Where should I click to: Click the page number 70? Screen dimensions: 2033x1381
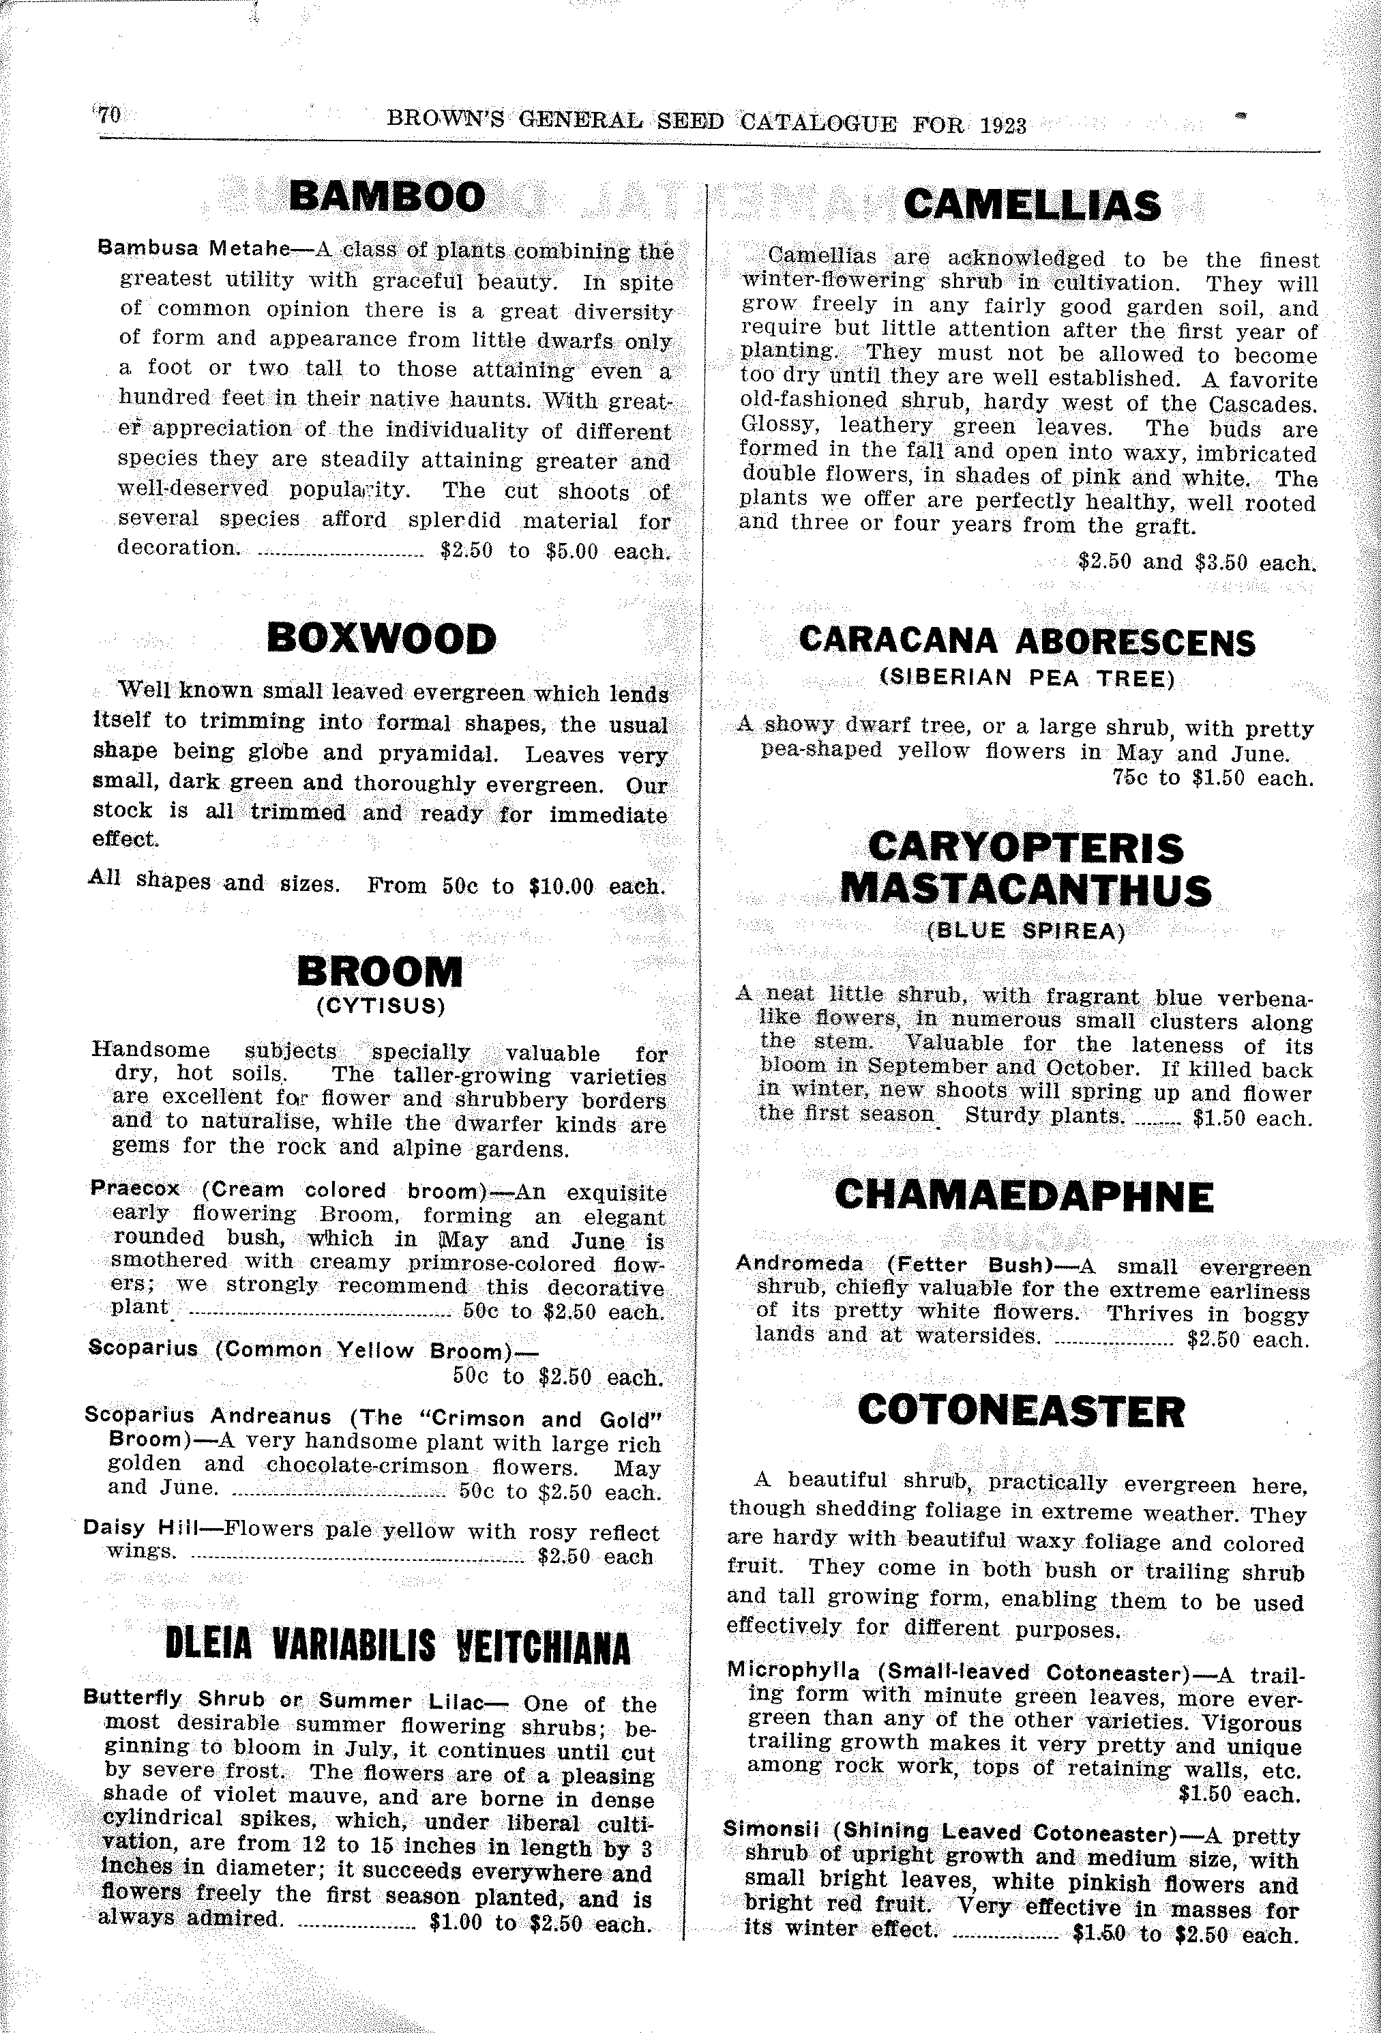click(110, 115)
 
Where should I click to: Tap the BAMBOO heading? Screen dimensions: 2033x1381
click(387, 197)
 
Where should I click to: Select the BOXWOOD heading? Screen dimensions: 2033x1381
click(381, 639)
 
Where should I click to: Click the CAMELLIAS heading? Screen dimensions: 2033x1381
click(1032, 207)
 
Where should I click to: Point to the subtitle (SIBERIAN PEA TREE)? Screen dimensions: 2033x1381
click(1027, 679)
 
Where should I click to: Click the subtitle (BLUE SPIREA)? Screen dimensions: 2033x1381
click(1026, 931)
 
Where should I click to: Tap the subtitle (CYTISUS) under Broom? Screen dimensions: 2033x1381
click(381, 1006)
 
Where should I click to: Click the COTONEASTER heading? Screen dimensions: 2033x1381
click(1022, 1411)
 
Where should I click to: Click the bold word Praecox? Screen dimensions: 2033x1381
click(134, 1189)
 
